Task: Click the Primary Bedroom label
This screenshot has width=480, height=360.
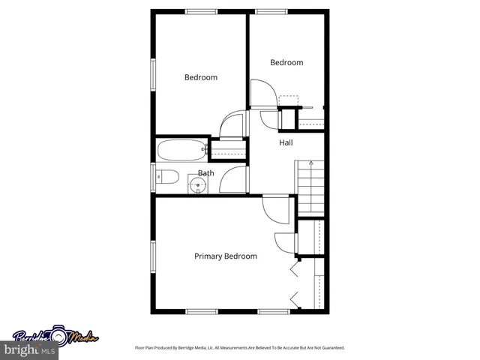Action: (x=226, y=256)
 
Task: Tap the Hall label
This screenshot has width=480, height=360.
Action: (x=286, y=142)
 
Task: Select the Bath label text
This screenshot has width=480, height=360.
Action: (x=205, y=173)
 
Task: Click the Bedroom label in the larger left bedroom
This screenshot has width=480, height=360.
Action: (x=201, y=77)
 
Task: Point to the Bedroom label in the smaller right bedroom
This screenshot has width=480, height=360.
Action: (x=286, y=63)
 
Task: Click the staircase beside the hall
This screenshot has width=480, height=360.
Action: (x=310, y=187)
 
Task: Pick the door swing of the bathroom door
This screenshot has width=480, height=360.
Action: (x=235, y=180)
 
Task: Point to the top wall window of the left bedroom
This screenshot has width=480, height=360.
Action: (x=201, y=11)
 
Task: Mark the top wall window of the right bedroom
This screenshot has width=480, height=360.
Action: (x=268, y=11)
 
